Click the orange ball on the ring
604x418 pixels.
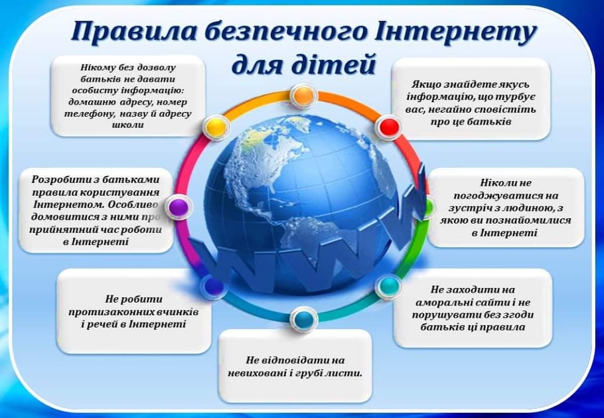pos(303,96)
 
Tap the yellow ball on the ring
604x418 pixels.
pos(216,127)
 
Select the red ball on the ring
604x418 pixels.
pos(389,127)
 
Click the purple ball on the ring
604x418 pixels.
pos(179,207)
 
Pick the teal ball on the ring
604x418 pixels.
pos(389,286)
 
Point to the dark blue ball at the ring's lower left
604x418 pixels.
pos(214,286)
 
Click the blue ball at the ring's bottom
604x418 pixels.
pos(304,319)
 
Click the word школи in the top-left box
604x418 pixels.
pos(128,125)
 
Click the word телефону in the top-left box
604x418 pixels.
pos(90,114)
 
